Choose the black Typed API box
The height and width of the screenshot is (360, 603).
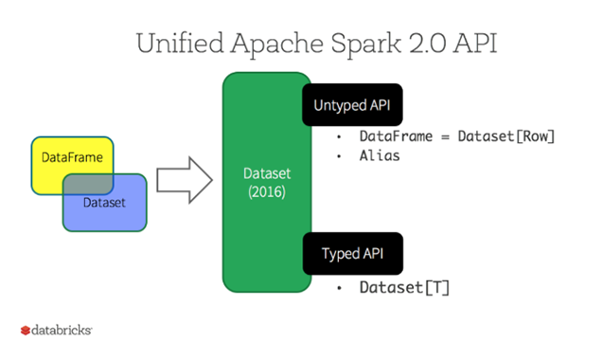[352, 254]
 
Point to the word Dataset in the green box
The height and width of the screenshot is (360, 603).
[266, 173]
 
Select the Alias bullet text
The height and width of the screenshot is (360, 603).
[379, 155]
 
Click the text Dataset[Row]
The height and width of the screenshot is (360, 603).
[506, 136]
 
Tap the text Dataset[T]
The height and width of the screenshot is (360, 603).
[403, 287]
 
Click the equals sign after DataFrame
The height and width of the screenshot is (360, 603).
[446, 136]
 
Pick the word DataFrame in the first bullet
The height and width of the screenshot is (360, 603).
[395, 136]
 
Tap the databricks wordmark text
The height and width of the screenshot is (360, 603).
[62, 331]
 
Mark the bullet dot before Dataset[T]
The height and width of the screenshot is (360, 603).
[338, 288]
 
